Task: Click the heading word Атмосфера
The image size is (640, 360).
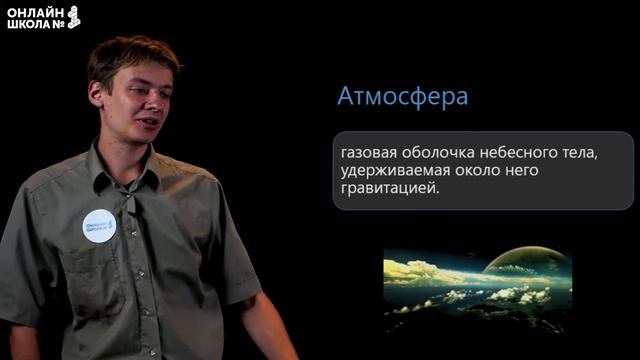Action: pyautogui.click(x=403, y=98)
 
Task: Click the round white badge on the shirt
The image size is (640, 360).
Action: pyautogui.click(x=99, y=225)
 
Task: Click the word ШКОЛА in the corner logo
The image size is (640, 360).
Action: pyautogui.click(x=27, y=24)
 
